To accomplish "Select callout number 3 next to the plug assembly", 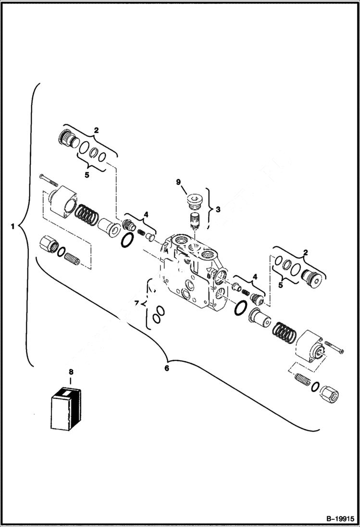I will pos(218,209).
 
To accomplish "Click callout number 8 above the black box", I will pos(71,371).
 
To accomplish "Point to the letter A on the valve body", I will pos(164,249).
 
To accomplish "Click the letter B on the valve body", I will pos(208,276).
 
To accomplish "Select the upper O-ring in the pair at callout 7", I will pos(160,310).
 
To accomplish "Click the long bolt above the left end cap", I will pos(49,180).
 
